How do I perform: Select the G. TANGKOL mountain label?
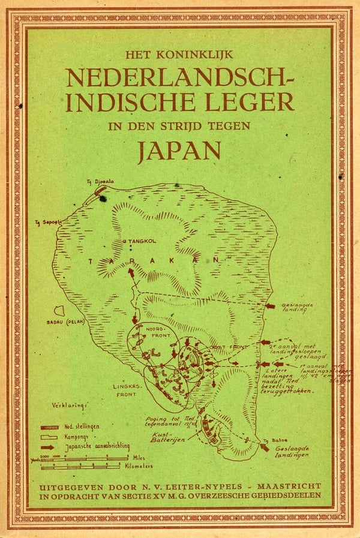pyautogui.click(x=138, y=242)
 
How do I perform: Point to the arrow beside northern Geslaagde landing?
pyautogui.click(x=270, y=306)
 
